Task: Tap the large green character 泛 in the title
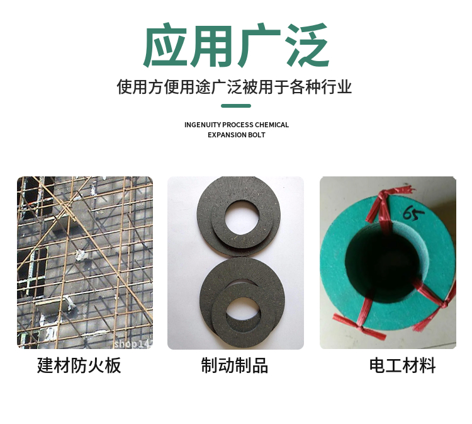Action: coord(306,45)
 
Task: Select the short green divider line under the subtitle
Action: coord(236,106)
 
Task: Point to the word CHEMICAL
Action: coord(272,125)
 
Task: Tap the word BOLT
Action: coord(257,135)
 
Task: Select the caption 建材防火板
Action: coord(79,365)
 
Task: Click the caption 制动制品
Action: coord(235,365)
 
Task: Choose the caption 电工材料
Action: coord(403,365)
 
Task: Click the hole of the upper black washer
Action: coord(242,217)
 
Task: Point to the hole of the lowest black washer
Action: coord(243,315)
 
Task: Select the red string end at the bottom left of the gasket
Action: coord(360,327)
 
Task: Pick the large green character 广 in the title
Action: coord(259,45)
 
